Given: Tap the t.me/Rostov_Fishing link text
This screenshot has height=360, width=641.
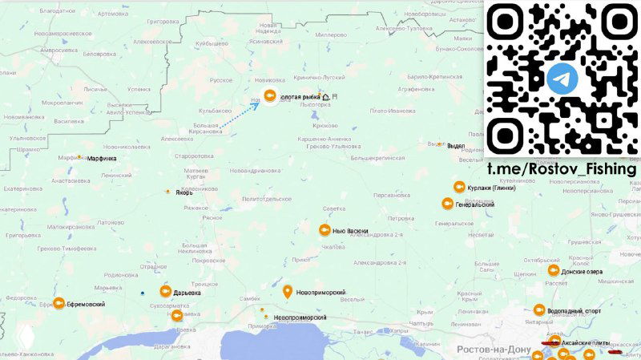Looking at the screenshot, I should click(562, 169).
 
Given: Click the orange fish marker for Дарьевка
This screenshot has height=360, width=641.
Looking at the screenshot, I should click(166, 292).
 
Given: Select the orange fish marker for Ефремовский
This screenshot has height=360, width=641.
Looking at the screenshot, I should click(58, 304).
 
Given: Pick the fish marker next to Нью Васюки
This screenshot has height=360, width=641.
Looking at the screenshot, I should click(324, 230).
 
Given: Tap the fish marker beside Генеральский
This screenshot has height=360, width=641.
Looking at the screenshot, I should click(446, 204).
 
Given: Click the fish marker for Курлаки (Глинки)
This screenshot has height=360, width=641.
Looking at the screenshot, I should click(459, 187).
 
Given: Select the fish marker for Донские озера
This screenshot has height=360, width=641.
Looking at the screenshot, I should click(552, 271).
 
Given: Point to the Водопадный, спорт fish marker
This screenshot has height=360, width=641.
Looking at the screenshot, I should click(539, 310).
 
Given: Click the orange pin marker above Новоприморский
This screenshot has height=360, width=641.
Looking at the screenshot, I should click(287, 292).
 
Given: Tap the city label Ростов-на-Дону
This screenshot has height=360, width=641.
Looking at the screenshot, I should click(494, 350).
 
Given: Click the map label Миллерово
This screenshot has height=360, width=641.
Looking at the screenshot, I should click(331, 35).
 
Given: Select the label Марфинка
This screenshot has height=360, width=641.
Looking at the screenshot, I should click(102, 159).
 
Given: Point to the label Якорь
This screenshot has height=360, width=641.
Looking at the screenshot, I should click(184, 192).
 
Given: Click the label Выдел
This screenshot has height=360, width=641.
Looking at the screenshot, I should click(456, 145).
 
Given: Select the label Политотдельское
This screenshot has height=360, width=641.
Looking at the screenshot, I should click(266, 198).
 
